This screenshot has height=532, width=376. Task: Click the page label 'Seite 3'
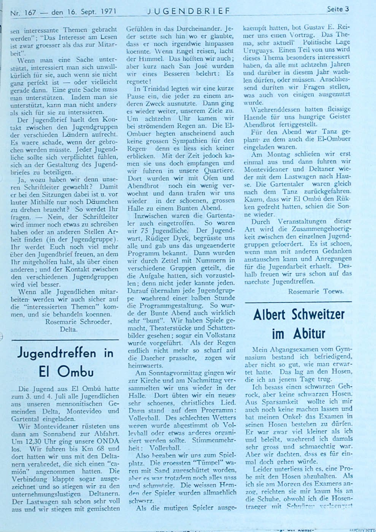[338, 9]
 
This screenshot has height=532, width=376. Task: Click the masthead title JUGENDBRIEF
[189, 11]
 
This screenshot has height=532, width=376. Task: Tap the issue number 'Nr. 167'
[23, 13]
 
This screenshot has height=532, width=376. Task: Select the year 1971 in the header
[103, 12]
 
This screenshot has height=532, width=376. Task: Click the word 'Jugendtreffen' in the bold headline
[57, 353]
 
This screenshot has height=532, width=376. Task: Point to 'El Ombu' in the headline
[66, 371]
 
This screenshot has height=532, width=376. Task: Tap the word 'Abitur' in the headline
[309, 334]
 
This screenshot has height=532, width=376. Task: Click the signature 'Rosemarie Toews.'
[316, 291]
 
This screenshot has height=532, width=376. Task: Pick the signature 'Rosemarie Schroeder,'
[78, 321]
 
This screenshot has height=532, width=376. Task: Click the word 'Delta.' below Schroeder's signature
[68, 329]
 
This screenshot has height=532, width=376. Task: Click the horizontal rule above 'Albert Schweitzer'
[298, 302]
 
